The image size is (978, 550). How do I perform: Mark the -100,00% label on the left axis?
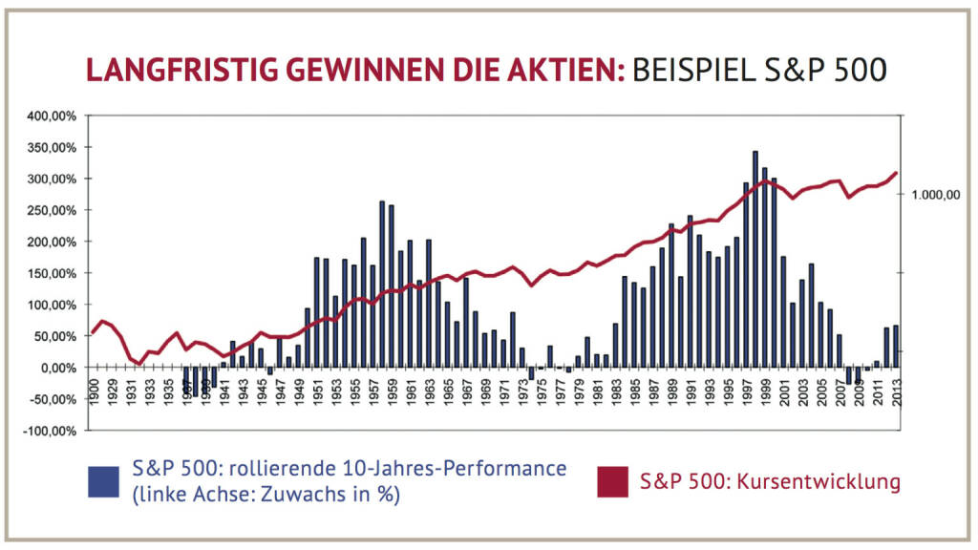pyautogui.click(x=53, y=431)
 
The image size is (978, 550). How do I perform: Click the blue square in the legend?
pyautogui.click(x=103, y=481)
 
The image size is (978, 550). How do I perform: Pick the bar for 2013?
pyautogui.click(x=896, y=347)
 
